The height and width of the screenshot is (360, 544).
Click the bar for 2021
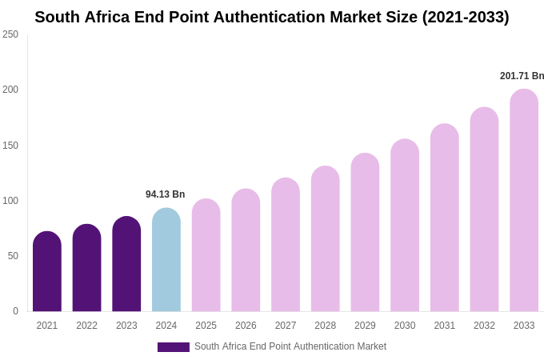pos(47,272)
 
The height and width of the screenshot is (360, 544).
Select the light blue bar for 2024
pos(166,260)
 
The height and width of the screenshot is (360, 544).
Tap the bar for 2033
pos(524,200)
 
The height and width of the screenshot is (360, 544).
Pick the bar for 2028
pos(325,239)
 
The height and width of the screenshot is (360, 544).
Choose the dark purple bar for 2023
pos(126,264)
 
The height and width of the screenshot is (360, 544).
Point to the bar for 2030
pos(405,226)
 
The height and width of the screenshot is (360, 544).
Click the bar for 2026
pos(246,250)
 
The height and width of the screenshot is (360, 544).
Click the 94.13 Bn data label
pos(165,194)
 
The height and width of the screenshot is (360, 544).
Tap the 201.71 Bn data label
pos(522,76)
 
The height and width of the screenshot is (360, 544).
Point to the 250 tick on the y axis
pos(10,34)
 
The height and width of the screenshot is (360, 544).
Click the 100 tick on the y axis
pos(10,201)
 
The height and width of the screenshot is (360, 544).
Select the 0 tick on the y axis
pos(15,311)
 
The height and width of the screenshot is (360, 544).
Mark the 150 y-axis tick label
pos(10,146)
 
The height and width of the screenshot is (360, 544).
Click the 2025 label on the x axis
pos(206,326)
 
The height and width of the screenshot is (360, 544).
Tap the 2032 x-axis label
pos(484,326)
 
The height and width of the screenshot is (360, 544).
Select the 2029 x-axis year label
pos(365,326)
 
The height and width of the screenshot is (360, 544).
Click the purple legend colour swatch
pos(174,347)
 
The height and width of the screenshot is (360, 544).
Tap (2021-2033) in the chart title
pos(466,17)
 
